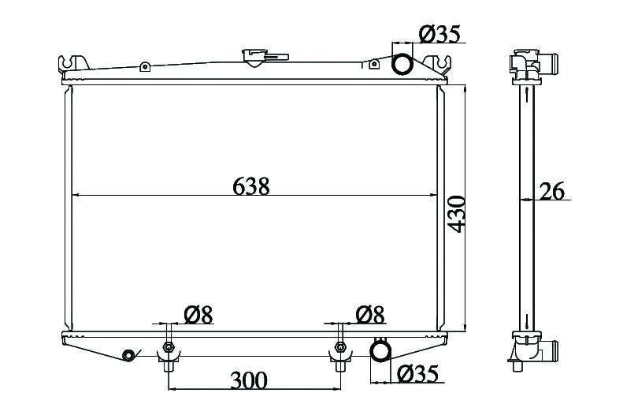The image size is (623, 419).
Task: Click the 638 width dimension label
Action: pos(250,185)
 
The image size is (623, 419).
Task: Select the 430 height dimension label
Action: pos(456,214)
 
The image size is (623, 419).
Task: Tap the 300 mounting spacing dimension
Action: pos(249,380)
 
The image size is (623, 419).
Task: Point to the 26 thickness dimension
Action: pos(551,191)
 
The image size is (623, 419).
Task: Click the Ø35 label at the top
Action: pos(439,33)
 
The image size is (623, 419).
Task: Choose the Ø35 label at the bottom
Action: pos(417,374)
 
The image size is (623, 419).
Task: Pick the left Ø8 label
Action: pos(198,315)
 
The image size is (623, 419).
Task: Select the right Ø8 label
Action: pos(370,315)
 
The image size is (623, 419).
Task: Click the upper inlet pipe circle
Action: pos(402,64)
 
